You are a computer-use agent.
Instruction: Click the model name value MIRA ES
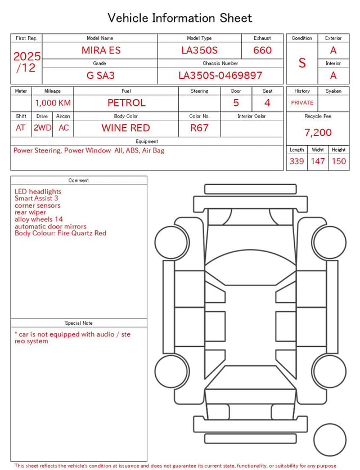tap(101, 50)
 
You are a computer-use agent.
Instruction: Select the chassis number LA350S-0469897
tap(220, 75)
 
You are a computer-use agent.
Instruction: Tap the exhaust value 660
tap(262, 50)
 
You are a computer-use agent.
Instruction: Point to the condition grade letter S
tap(302, 62)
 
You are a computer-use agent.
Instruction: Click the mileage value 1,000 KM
tap(53, 103)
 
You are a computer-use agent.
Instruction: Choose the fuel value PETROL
tap(127, 103)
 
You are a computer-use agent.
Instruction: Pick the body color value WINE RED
tap(126, 128)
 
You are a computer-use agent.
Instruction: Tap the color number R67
tap(199, 128)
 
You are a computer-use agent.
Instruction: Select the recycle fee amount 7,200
tap(318, 132)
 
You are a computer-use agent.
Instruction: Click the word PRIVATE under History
tap(302, 102)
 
